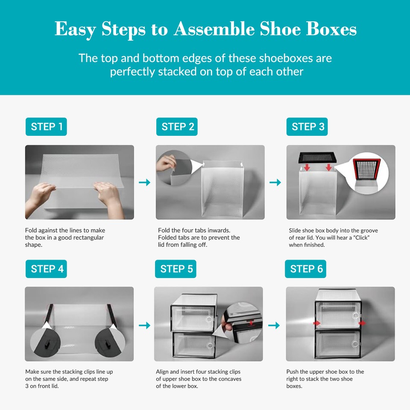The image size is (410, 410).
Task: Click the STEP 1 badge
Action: pyautogui.click(x=46, y=127)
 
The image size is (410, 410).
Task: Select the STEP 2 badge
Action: pyautogui.click(x=177, y=127)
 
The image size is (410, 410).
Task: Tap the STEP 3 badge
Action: pyautogui.click(x=307, y=127)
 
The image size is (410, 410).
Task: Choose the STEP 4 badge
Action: pyautogui.click(x=46, y=269)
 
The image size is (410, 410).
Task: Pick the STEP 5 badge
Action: pyautogui.click(x=176, y=269)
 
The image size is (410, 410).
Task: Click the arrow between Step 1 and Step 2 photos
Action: pyautogui.click(x=145, y=182)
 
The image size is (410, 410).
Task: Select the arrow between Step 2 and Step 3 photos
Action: pyautogui.click(x=275, y=182)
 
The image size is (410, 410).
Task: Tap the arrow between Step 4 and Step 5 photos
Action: pyautogui.click(x=145, y=325)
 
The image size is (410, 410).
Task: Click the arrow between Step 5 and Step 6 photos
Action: pyautogui.click(x=274, y=325)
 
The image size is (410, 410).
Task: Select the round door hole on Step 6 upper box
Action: pyautogui.click(x=355, y=315)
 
